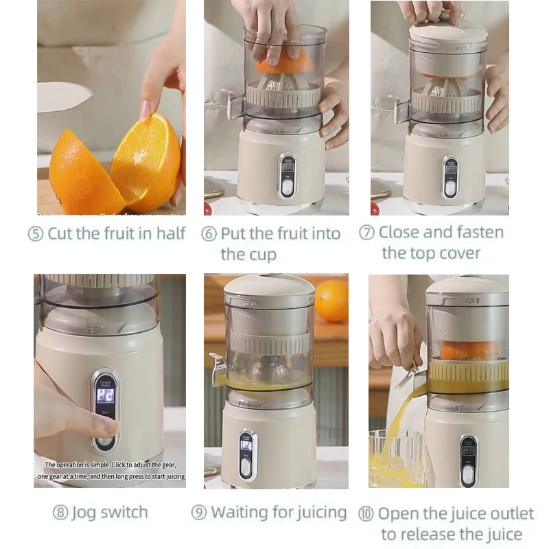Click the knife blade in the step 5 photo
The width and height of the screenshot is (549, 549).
coord(62,97)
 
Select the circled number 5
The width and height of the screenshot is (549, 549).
coord(35,234)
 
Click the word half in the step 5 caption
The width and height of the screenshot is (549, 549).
coord(171,233)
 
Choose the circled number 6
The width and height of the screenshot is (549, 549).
coord(209,234)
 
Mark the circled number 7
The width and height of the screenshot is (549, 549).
coord(366,233)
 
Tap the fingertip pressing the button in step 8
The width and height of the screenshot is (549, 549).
coord(108,426)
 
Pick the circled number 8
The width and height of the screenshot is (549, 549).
coord(60,513)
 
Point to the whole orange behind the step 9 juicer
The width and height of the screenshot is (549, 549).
coord(331,300)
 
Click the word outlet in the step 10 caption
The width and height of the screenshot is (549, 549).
coord(510,513)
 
